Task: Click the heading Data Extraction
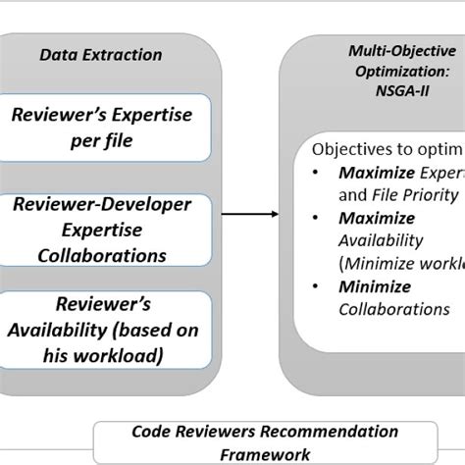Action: pos(100,55)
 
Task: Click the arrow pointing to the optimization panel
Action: pos(247,212)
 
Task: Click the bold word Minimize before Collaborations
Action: pos(375,286)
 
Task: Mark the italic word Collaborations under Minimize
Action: pos(393,309)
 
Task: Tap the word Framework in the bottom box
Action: pos(265,453)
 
